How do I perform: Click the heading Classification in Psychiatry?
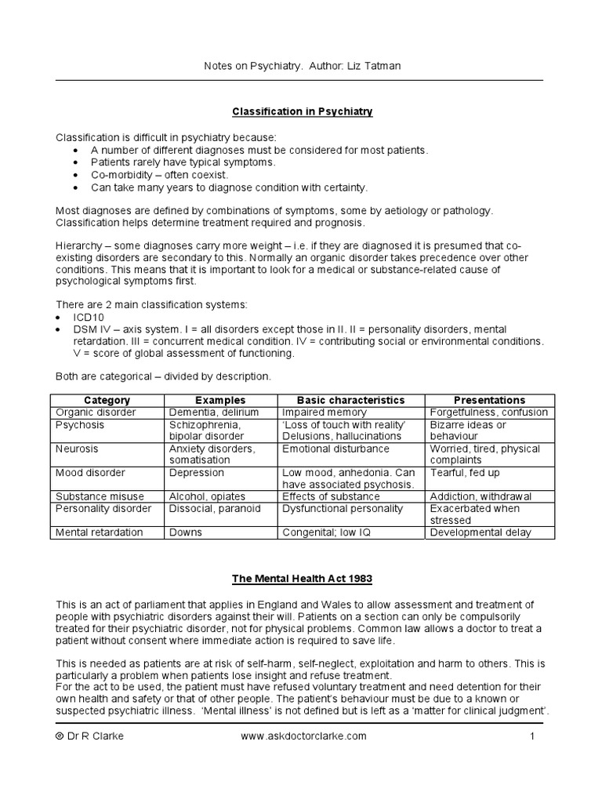[x=301, y=112]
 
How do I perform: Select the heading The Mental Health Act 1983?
[x=301, y=579]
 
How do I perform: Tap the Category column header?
[x=107, y=400]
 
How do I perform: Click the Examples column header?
[x=220, y=400]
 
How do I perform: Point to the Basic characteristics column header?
[x=350, y=400]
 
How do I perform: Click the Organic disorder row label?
[x=95, y=412]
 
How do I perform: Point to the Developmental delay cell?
[x=481, y=532]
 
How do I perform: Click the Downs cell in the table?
[x=186, y=532]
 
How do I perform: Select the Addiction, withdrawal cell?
[x=481, y=496]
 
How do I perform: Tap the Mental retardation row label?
[x=99, y=532]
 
